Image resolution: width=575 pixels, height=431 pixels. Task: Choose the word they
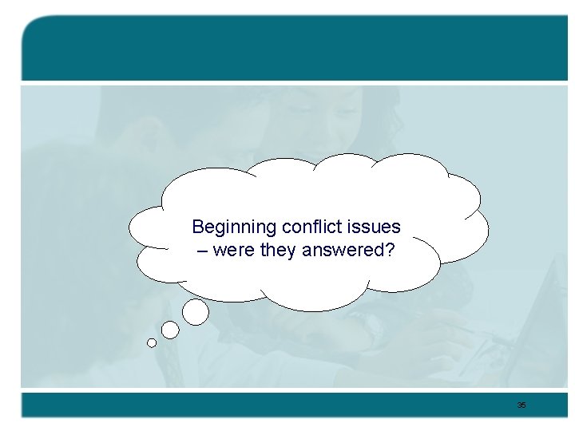pos(276,251)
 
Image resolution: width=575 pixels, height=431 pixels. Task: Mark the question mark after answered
pos(389,251)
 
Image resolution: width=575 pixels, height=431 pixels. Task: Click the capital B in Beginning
pos(199,227)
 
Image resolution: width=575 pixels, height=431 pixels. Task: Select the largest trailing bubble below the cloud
pos(196,312)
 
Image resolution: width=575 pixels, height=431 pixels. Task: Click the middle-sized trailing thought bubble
pos(170,330)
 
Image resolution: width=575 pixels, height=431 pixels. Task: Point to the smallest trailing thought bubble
pos(152,343)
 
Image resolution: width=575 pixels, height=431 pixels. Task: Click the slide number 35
pos(521,405)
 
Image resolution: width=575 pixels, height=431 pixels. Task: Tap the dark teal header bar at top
pos(295,48)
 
